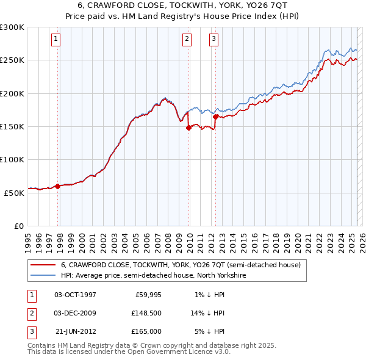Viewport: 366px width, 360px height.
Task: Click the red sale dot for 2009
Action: tap(188, 128)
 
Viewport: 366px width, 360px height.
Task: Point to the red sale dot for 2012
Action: tap(216, 117)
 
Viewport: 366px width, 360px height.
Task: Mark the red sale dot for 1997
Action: tap(58, 186)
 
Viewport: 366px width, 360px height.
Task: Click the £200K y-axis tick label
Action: tap(12, 93)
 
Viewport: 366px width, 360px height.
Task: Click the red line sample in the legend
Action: tap(43, 265)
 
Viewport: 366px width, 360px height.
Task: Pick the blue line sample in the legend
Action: tap(43, 275)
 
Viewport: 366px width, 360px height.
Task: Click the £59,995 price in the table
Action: tap(147, 295)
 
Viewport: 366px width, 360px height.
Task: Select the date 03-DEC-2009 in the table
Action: tap(75, 313)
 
